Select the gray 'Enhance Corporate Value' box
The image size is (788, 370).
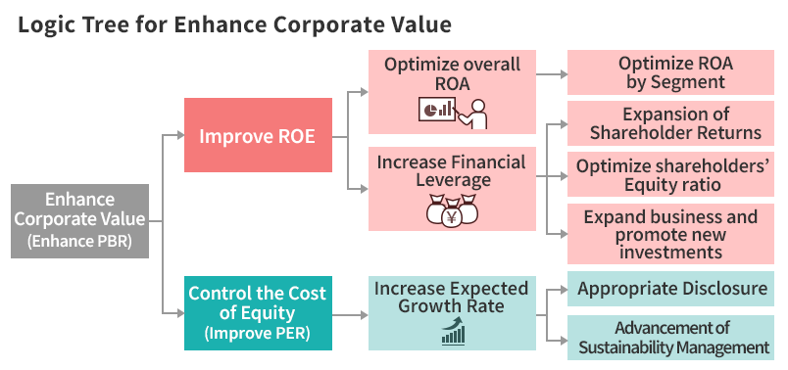click(79, 220)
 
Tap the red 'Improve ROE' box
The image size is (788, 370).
click(258, 136)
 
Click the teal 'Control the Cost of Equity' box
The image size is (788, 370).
click(258, 312)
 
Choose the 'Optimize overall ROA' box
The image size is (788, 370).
click(452, 92)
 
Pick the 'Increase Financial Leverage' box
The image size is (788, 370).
click(452, 189)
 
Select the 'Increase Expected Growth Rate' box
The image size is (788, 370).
click(452, 312)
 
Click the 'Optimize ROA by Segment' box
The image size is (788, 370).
click(676, 73)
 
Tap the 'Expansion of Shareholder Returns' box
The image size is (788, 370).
click(676, 123)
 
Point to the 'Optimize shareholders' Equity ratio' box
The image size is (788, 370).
click(676, 175)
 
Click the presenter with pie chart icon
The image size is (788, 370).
click(453, 111)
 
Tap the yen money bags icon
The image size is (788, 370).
click(452, 210)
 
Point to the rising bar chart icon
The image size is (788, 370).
click(453, 334)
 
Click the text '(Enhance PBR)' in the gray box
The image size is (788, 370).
click(79, 241)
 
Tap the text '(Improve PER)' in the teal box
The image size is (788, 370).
click(258, 333)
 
